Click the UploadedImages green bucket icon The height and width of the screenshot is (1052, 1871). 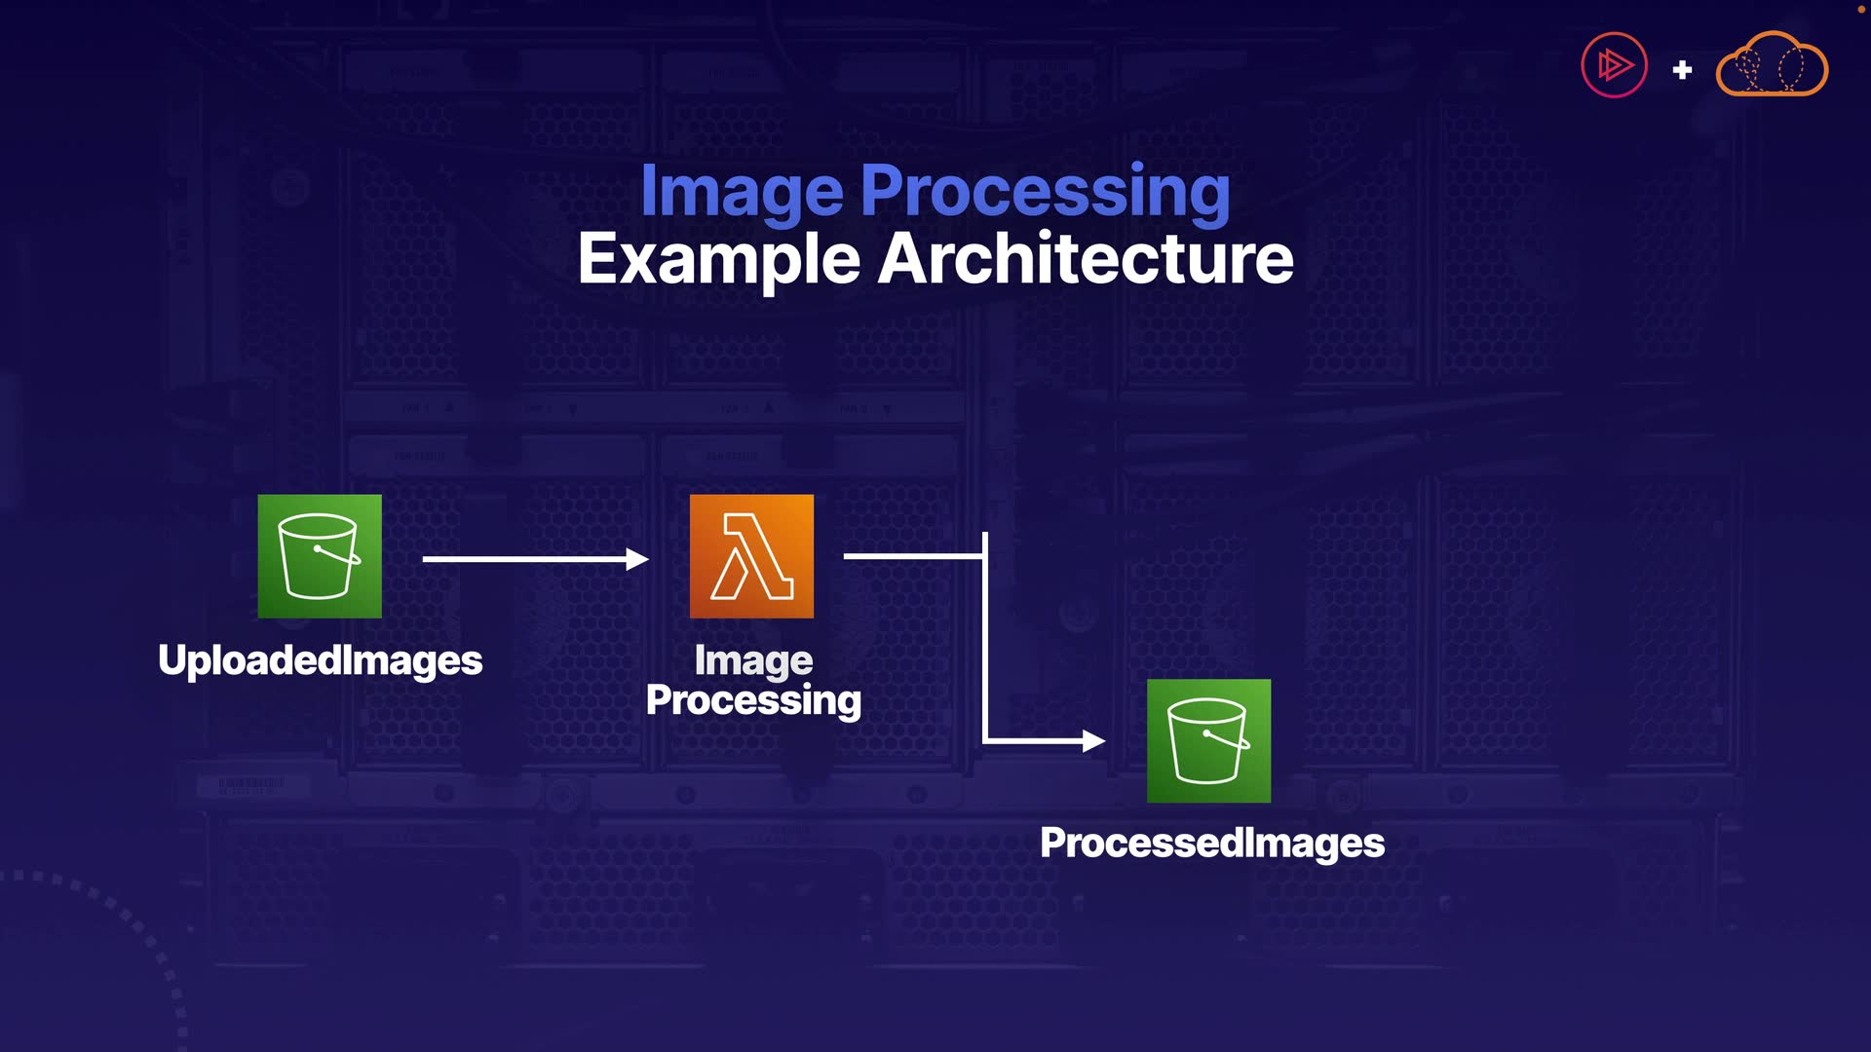coord(320,556)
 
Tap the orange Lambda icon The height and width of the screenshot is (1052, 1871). coord(751,556)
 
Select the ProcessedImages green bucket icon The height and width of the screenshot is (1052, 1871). coord(1208,741)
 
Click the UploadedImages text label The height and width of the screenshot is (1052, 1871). coord(320,660)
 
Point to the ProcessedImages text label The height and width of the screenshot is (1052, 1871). coord(1211,844)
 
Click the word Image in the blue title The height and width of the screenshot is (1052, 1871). coord(741,191)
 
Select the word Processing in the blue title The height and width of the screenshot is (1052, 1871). coord(1045,191)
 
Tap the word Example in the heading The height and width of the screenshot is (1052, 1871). coord(718,259)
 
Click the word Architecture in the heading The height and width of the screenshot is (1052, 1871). coord(1086,259)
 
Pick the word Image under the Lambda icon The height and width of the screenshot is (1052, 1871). coord(753,661)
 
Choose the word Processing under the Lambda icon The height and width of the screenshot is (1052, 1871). coord(753,700)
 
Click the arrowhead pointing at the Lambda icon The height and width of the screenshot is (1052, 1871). coord(637,559)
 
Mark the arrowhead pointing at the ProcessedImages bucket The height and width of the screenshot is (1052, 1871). coord(1093,741)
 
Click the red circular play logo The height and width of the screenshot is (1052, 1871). coord(1614,65)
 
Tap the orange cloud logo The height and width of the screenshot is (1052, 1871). coord(1772,66)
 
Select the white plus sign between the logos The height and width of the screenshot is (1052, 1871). coord(1682,70)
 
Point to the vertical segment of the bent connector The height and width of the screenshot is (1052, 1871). coord(985,643)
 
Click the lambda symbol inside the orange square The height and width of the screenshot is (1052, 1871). coord(751,558)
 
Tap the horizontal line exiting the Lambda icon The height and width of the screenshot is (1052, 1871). coord(911,556)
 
